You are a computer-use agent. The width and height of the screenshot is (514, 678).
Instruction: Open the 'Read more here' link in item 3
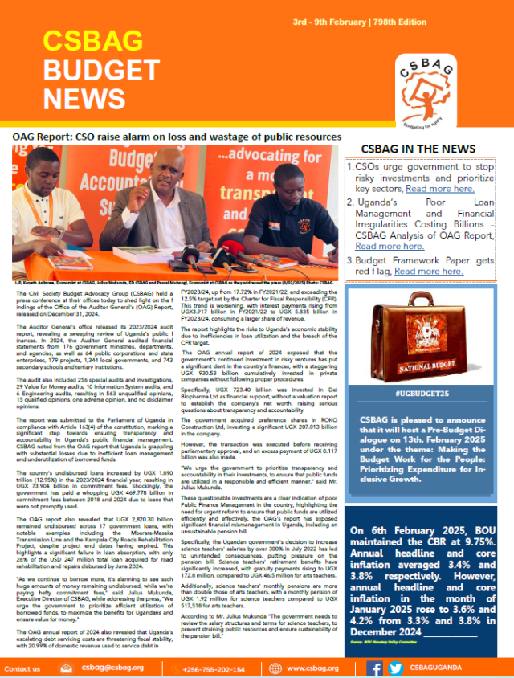click(x=428, y=272)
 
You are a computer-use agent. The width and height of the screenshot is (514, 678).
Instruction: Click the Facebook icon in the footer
click(x=374, y=668)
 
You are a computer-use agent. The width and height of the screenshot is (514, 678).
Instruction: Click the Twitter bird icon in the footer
click(x=395, y=668)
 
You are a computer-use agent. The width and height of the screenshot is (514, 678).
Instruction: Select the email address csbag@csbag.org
click(x=112, y=668)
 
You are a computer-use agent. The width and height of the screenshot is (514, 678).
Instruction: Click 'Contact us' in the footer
click(x=22, y=668)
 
